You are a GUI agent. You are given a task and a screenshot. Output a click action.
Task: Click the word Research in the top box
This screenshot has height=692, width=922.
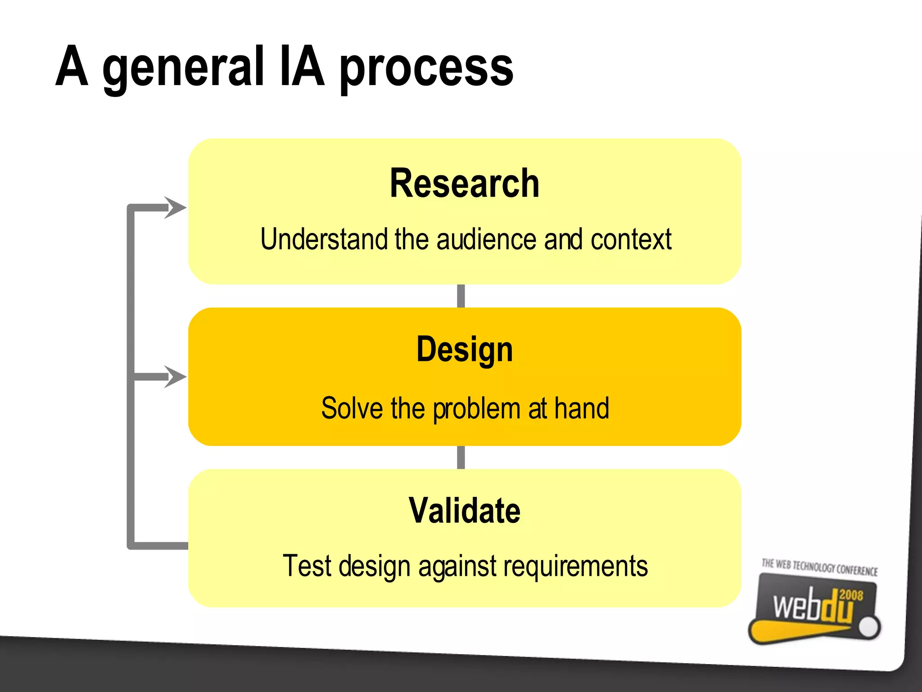(x=464, y=183)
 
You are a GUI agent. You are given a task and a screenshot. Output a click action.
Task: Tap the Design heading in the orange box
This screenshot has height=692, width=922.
(x=464, y=350)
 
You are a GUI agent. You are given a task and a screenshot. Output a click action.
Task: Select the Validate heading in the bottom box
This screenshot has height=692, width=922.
(x=464, y=511)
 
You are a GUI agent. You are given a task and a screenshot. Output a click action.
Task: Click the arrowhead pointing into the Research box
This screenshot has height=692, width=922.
(x=176, y=208)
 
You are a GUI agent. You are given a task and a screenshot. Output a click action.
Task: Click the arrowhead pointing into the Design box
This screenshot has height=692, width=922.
(x=176, y=377)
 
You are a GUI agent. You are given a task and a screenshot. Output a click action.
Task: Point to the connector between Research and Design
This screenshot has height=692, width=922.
(x=461, y=296)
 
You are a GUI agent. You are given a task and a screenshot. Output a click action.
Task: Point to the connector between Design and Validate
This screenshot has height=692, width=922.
(x=461, y=457)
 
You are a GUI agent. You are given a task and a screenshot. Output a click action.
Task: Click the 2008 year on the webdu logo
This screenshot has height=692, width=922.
(x=851, y=595)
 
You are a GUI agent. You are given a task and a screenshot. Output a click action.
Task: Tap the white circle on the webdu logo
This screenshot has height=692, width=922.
(x=868, y=627)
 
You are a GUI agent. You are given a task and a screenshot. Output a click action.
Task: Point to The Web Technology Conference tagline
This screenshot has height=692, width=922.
(x=819, y=567)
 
